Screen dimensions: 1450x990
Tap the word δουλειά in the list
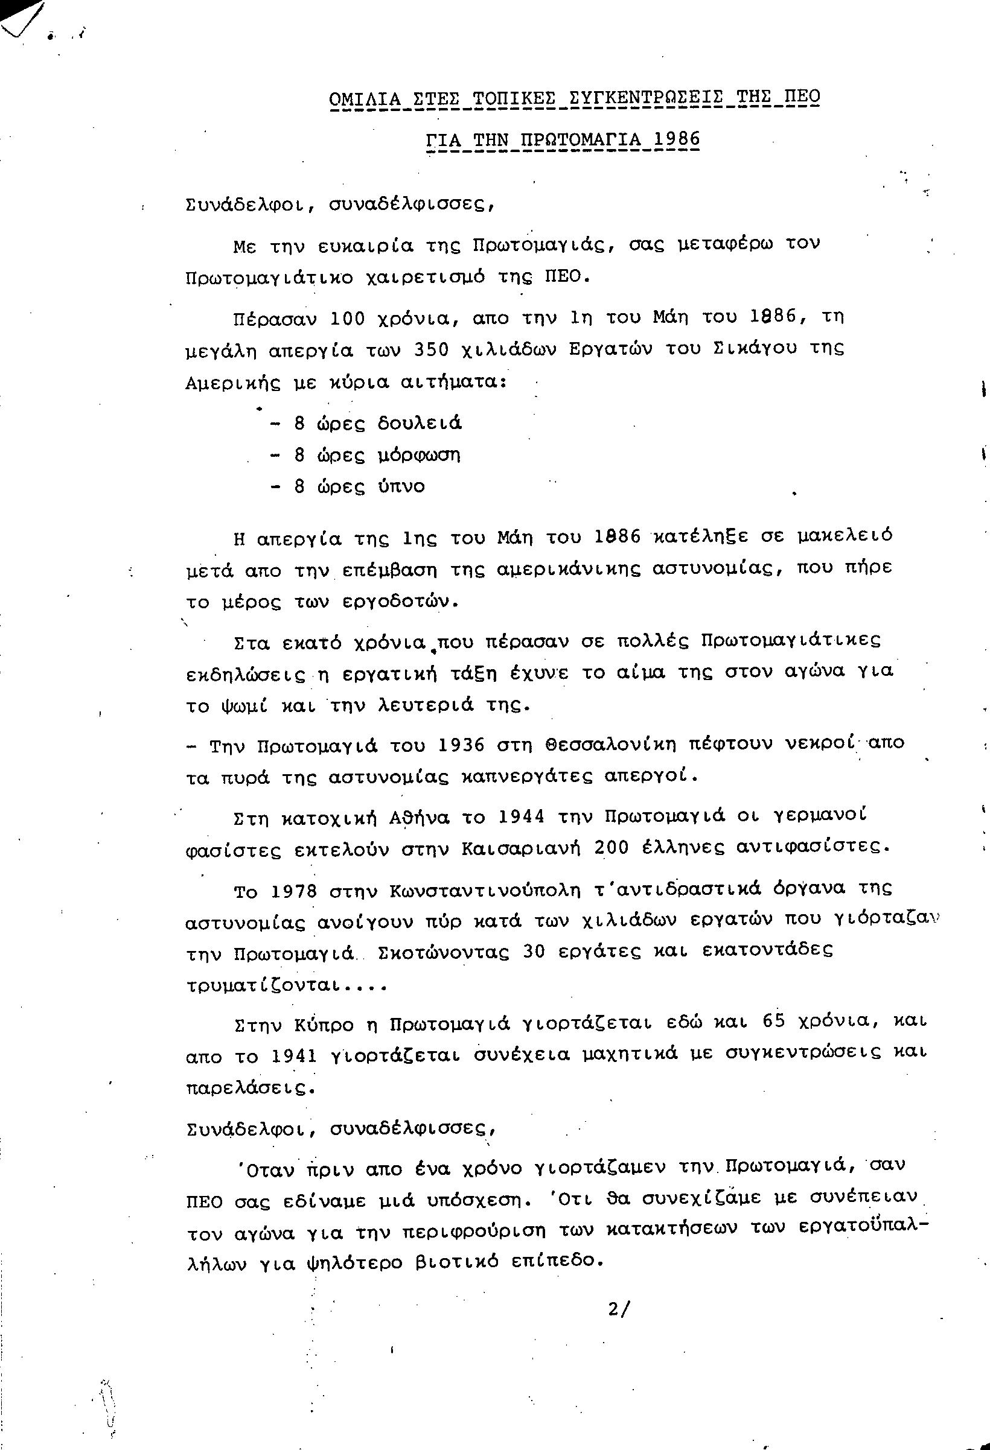(420, 424)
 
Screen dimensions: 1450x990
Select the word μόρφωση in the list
(419, 456)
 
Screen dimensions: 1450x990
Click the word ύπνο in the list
(401, 487)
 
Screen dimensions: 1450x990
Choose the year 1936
(461, 745)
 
